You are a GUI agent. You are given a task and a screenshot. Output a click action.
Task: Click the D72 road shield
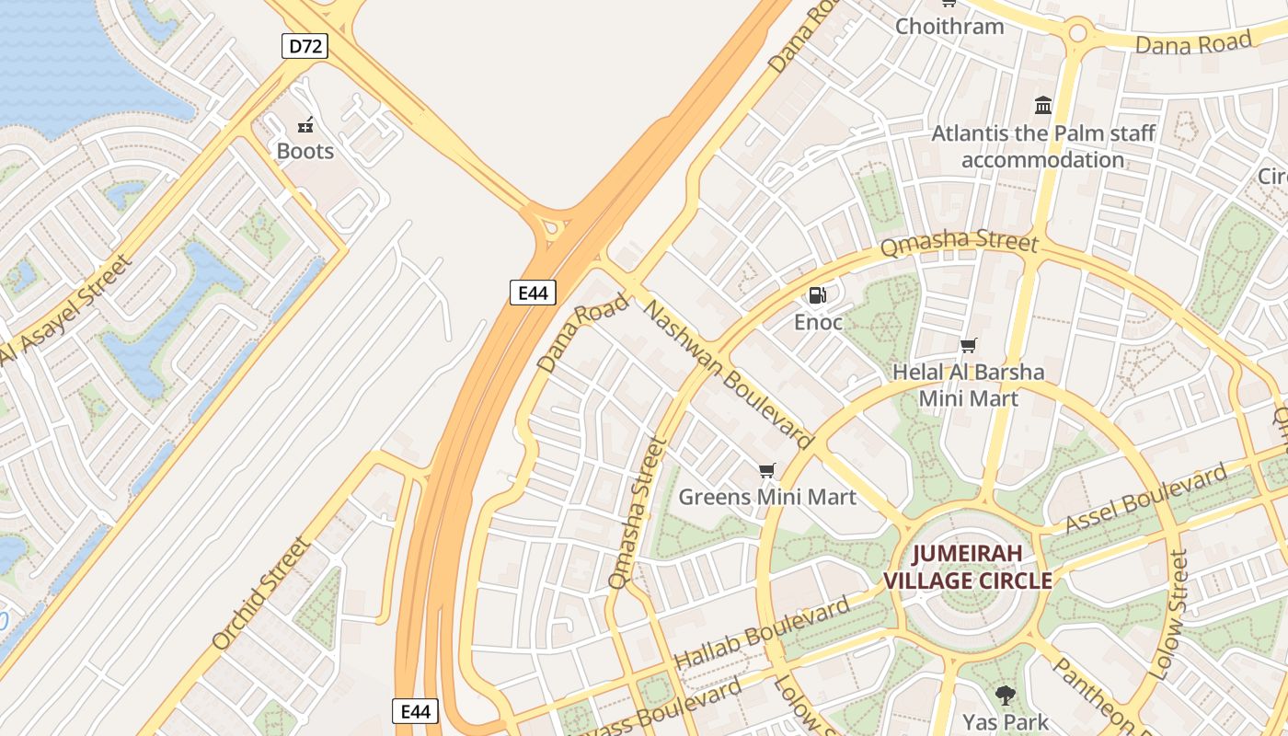pos(304,46)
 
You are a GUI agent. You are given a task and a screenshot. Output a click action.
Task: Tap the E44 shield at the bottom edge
pos(415,711)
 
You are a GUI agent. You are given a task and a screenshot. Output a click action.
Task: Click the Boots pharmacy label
pos(305,151)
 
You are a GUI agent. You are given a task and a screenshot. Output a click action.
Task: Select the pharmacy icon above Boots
pos(305,124)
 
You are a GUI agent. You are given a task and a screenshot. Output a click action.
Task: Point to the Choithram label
pos(949,26)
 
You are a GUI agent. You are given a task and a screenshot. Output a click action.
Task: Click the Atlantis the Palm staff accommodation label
pos(1043,146)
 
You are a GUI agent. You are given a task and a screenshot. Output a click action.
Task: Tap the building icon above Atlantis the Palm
pos(1043,106)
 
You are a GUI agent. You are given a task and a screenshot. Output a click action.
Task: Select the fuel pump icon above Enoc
pos(817,295)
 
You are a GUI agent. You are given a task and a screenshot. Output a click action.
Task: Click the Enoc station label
pos(818,322)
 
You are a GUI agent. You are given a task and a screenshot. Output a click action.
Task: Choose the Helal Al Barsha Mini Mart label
pos(969,385)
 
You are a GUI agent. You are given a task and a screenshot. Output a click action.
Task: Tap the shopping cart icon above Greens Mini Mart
pos(767,471)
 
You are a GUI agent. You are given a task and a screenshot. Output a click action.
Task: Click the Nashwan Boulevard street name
pos(728,373)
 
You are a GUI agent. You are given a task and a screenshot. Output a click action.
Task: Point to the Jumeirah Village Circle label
pos(968,568)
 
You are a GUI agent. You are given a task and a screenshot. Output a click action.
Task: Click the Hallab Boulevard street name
pos(762,634)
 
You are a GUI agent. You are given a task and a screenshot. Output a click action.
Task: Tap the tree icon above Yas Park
pos(1005,696)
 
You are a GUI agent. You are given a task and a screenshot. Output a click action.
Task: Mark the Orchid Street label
pos(262,594)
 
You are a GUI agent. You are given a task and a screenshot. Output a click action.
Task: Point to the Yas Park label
pos(1005,721)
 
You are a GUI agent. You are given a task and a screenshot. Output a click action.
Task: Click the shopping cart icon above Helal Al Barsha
pos(968,346)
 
